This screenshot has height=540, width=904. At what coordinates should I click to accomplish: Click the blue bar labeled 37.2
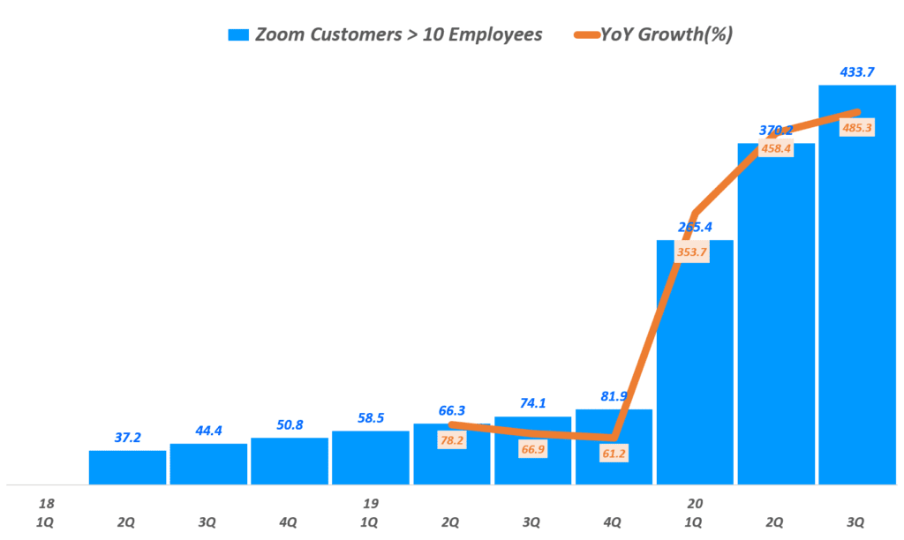[x=127, y=468]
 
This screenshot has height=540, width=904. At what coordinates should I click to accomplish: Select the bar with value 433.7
[x=856, y=291]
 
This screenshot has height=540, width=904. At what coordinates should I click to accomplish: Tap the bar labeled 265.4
[x=695, y=371]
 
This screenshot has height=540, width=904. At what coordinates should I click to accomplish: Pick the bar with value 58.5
[x=370, y=458]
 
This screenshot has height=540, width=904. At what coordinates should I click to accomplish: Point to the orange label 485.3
[x=856, y=128]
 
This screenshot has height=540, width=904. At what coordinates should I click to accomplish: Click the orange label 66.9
[x=532, y=449]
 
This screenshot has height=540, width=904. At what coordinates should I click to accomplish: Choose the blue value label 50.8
[x=289, y=424]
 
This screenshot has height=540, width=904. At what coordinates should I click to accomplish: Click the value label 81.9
[x=614, y=395]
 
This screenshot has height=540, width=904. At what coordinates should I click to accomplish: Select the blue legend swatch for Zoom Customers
[x=238, y=35]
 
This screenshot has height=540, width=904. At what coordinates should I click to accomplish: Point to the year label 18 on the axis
[x=45, y=504]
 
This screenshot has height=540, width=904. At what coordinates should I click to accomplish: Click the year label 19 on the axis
[x=370, y=504]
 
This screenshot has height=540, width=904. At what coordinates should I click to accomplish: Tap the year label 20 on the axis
[x=695, y=504]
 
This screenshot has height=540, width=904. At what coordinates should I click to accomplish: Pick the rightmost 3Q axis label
[x=856, y=521]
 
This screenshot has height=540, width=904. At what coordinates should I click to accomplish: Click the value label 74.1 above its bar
[x=532, y=402]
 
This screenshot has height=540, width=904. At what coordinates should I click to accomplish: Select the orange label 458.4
[x=775, y=148]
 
